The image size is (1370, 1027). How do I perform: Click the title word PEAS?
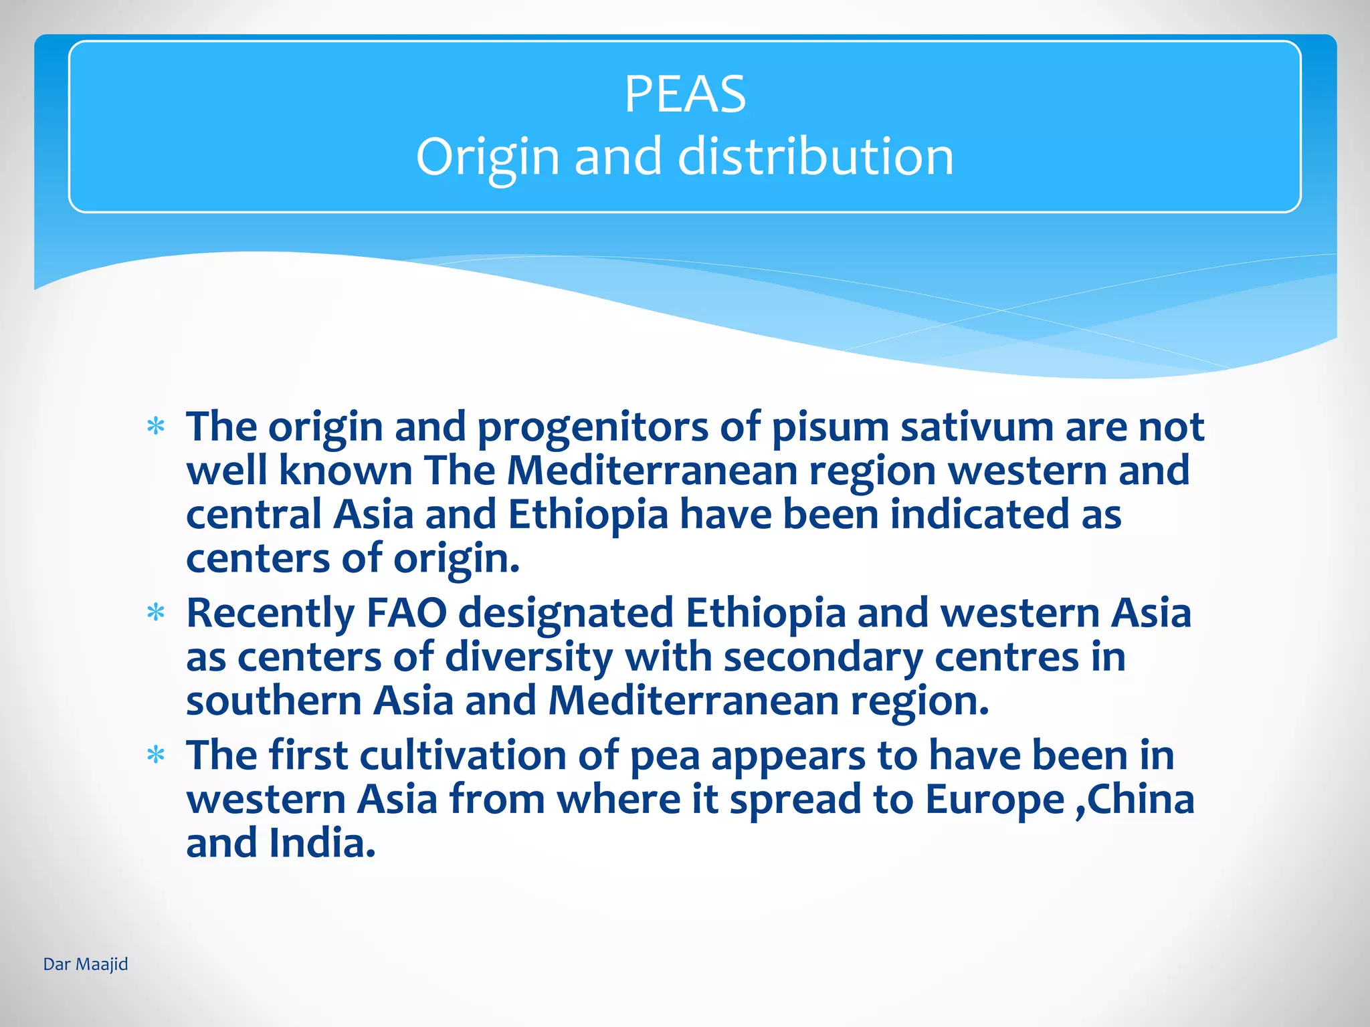tap(684, 94)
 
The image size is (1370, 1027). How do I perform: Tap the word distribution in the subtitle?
tap(815, 156)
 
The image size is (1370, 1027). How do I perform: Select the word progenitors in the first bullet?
tap(592, 428)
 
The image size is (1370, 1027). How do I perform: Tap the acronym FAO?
tap(407, 612)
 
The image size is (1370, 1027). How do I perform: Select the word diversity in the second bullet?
tap(528, 657)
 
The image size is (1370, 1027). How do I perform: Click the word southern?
tap(274, 701)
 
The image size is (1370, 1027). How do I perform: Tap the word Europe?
tap(995, 800)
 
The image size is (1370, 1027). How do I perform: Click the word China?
tap(1141, 799)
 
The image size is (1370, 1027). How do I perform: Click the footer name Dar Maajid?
tap(86, 964)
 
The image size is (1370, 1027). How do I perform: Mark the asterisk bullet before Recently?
tap(156, 612)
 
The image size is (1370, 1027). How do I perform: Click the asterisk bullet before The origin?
tap(156, 427)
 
